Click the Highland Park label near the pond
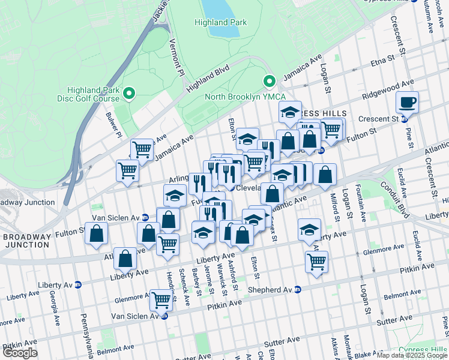pos(220,22)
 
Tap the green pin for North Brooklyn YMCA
pos(270,81)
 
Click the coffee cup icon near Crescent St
pos(408,103)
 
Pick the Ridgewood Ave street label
pos(388,89)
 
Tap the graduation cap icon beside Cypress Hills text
pos(290,112)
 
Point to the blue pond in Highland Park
pos(220,7)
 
